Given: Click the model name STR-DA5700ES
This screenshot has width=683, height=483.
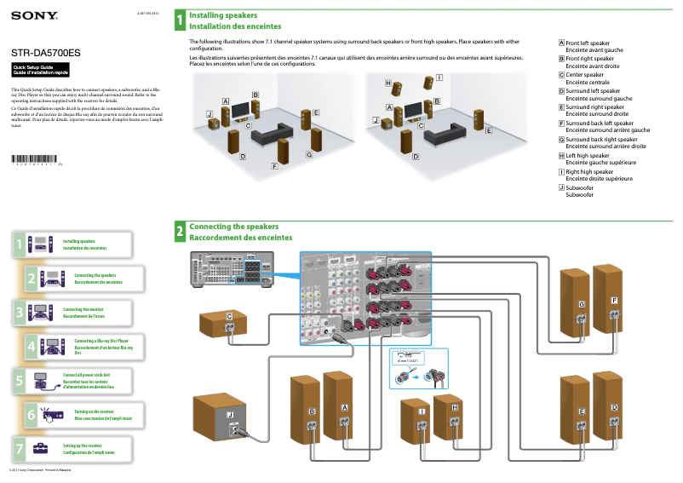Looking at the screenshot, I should coord(46,53).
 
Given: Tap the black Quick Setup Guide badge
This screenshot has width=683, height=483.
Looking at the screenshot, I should coord(34,70).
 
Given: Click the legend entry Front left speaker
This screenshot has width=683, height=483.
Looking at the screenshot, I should coord(588,43).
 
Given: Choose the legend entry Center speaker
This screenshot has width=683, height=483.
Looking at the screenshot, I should coord(584,75).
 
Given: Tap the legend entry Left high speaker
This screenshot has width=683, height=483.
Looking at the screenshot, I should coord(588,156).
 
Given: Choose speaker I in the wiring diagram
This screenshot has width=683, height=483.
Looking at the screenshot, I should coord(422,417).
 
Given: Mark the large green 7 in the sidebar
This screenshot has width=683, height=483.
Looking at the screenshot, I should coord(19,446).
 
